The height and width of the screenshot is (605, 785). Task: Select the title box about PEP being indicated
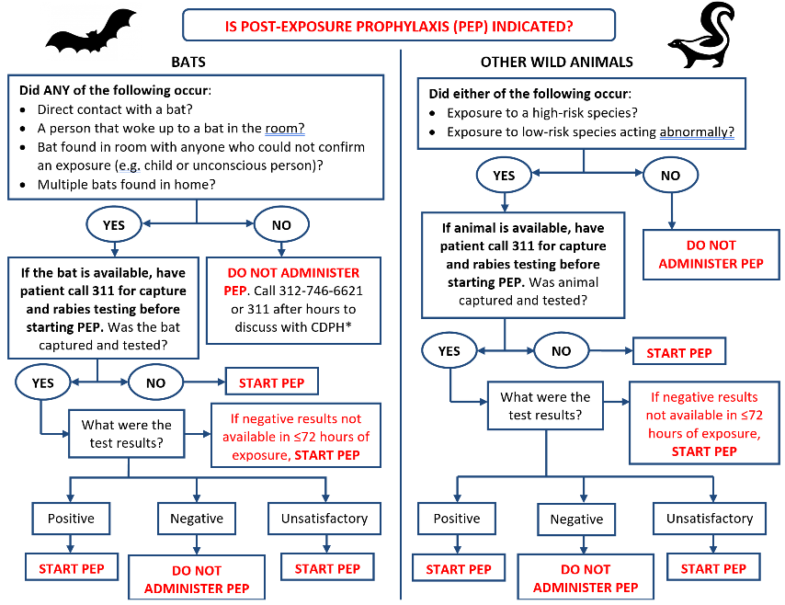[x=399, y=25]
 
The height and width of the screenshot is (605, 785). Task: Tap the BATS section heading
[x=188, y=62]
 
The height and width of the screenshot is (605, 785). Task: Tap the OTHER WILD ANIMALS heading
[x=557, y=62]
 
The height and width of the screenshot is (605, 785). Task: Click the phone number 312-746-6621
[x=321, y=291]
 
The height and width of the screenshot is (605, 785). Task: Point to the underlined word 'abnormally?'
[x=697, y=131]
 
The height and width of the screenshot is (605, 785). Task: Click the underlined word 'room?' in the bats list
[x=284, y=128]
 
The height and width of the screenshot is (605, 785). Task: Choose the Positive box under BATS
[x=71, y=519]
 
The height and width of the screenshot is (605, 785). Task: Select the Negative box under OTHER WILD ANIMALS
[x=576, y=519]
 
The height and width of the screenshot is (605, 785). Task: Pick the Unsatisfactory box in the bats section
[x=324, y=519]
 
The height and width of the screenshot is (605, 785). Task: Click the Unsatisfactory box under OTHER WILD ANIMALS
[x=710, y=519]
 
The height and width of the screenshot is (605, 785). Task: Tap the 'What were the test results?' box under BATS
[x=126, y=434]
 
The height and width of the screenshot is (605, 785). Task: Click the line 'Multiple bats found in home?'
[x=126, y=184]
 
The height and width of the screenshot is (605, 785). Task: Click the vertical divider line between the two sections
[x=401, y=325]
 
